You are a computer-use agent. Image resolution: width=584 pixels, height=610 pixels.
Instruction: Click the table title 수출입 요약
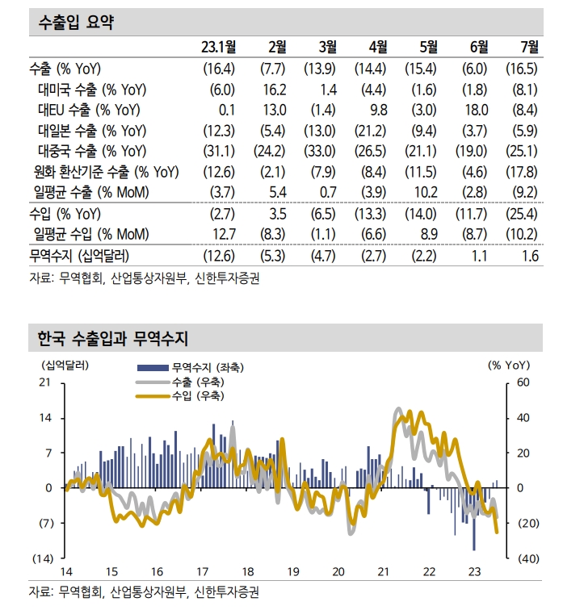[76, 23]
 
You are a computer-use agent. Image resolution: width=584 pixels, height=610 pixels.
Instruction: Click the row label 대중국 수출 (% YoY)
[91, 151]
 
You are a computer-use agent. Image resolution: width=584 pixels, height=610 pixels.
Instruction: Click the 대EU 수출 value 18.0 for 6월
[477, 110]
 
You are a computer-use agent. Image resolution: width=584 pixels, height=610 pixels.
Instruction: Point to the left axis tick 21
[45, 382]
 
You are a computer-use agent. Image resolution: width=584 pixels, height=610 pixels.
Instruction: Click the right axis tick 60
[522, 382]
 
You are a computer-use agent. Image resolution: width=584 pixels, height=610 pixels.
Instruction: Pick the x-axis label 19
[293, 571]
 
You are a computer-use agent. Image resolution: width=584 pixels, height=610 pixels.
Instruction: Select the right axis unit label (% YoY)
[509, 364]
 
